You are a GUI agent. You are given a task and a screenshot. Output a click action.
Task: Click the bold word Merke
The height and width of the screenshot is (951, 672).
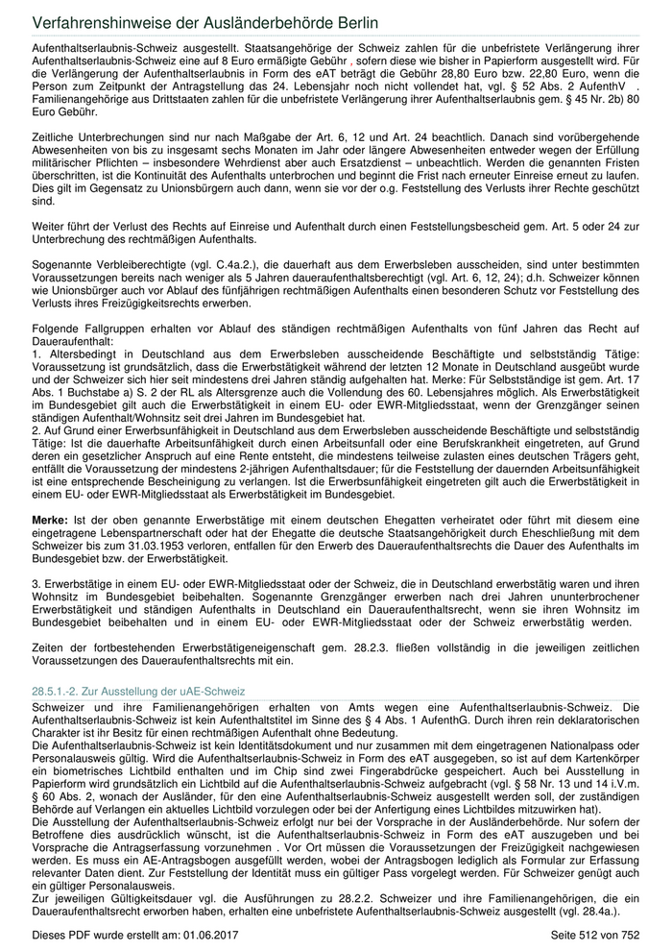(x=49, y=518)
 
